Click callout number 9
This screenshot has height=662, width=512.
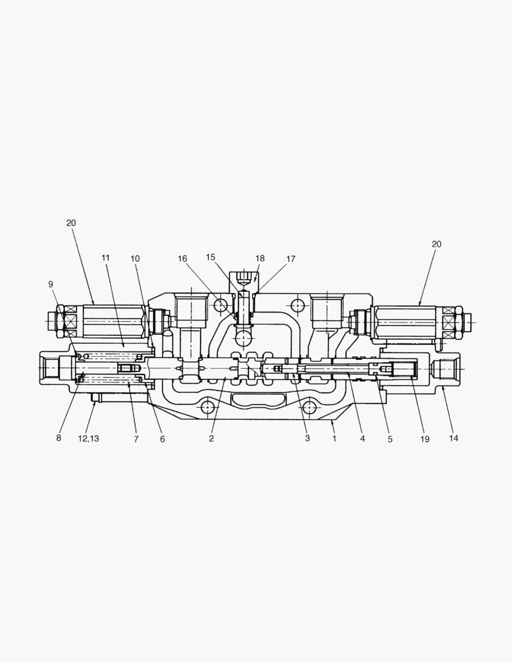[x=51, y=284]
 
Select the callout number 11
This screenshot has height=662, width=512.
[x=105, y=258]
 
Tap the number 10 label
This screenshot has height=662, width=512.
[x=135, y=258]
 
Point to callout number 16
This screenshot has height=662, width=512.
[x=182, y=258]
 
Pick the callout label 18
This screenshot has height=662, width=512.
[x=260, y=258]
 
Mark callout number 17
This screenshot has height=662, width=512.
[x=291, y=258]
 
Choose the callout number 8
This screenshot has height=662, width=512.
[x=59, y=438]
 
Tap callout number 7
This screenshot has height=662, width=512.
[x=136, y=439]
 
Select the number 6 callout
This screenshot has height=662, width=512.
[x=162, y=439]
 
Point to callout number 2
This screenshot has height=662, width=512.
[x=211, y=439]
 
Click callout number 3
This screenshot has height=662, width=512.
[x=307, y=438]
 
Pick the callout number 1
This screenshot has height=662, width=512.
[x=334, y=439]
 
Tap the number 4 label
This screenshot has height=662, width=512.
[x=362, y=439]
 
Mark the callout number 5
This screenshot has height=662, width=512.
[x=390, y=439]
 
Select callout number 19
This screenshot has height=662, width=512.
[x=425, y=439]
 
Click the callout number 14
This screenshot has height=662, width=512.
[x=453, y=439]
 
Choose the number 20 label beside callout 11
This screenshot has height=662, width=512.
[x=71, y=223]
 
